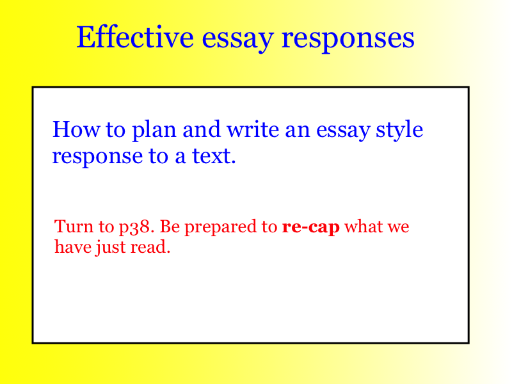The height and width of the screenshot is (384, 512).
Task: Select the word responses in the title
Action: coord(348,39)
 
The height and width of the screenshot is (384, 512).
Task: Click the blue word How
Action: coord(76,129)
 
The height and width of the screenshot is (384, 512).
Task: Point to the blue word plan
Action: coord(154,131)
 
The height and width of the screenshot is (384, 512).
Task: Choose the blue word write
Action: coord(253,129)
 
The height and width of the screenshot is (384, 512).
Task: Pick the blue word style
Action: coord(399,131)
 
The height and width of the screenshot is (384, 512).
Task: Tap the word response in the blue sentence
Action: coord(97,157)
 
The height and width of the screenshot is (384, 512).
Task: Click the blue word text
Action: coord(214,156)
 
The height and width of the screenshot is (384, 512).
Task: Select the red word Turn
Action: coord(74,226)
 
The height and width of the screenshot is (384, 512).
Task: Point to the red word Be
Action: coord(170,226)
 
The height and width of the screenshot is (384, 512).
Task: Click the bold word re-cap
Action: coord(311,227)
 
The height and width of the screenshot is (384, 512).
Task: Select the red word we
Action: coord(398,228)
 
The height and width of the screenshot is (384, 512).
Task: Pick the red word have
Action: coord(73,246)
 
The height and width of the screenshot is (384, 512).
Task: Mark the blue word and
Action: coord(202,129)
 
